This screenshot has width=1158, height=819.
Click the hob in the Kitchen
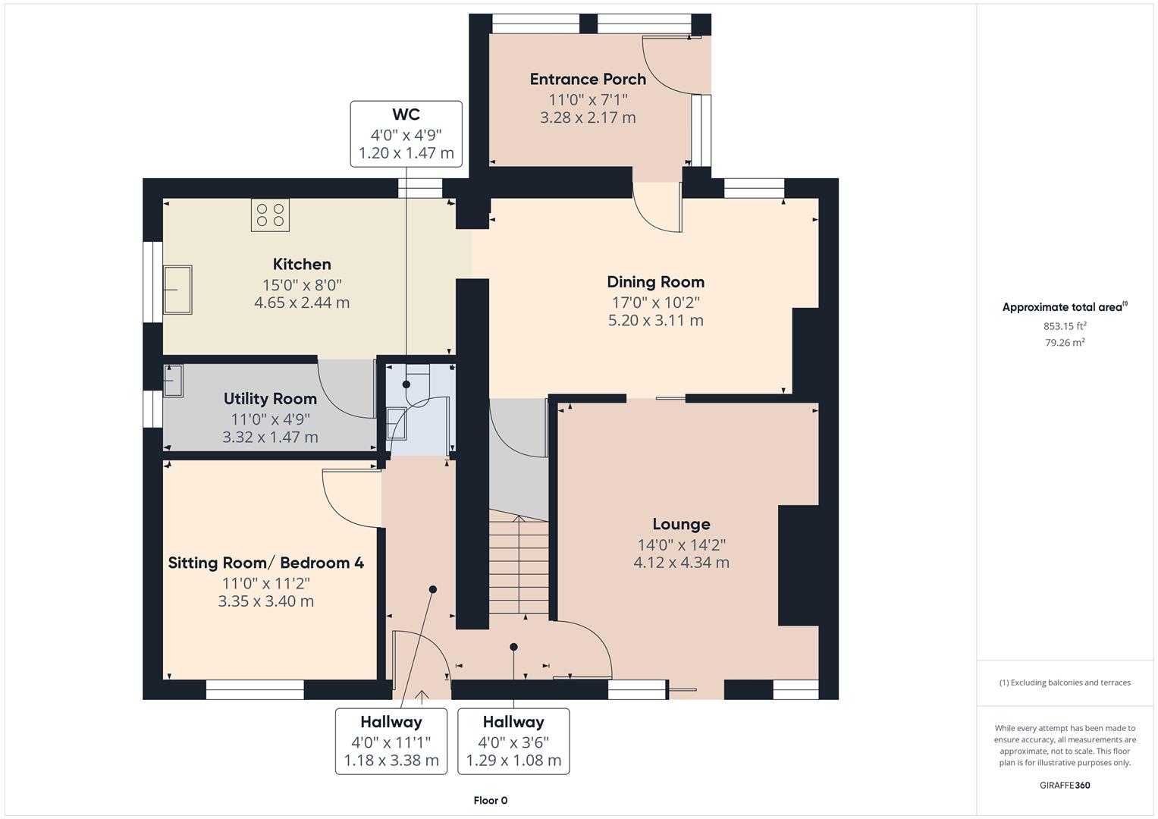(x=271, y=215)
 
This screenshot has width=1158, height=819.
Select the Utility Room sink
(x=174, y=380)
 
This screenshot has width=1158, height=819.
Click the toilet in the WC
(x=416, y=377)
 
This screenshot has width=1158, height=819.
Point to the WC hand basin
(x=397, y=423)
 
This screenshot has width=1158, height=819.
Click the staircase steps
(x=519, y=565)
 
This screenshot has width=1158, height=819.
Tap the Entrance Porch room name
(x=588, y=79)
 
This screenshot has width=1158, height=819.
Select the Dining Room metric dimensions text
(x=655, y=320)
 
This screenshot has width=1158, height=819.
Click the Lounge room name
(x=681, y=524)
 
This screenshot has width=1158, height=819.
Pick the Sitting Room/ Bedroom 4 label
(x=265, y=563)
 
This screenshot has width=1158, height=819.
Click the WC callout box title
(x=406, y=115)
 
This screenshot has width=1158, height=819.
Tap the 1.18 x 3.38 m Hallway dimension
(x=391, y=761)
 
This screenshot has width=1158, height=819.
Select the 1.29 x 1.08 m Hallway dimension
(x=513, y=761)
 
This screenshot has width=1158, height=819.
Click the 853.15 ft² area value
(x=1065, y=326)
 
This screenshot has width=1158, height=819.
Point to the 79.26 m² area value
(x=1065, y=342)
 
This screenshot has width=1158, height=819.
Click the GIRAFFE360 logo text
(x=1065, y=785)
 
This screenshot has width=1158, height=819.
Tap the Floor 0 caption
(x=490, y=800)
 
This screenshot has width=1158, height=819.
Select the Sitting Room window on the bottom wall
(x=255, y=689)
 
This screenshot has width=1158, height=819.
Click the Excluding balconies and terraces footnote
(x=1065, y=682)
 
